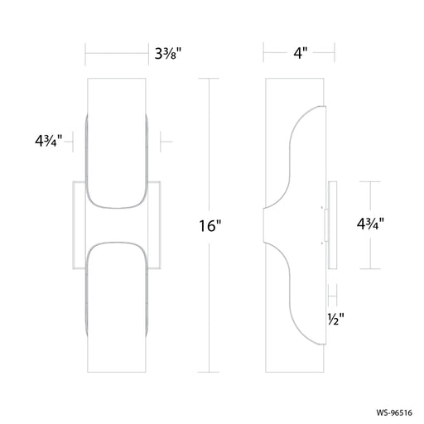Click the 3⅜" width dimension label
pyautogui.click(x=167, y=54)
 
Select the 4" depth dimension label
pyautogui.click(x=300, y=53)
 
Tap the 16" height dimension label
pyautogui.click(x=210, y=226)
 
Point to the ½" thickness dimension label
pyautogui.click(x=336, y=320)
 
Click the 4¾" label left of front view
pyautogui.click(x=49, y=141)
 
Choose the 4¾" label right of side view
pyautogui.click(x=370, y=224)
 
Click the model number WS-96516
pyautogui.click(x=394, y=412)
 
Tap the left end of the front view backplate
pyautogui.click(x=73, y=225)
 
